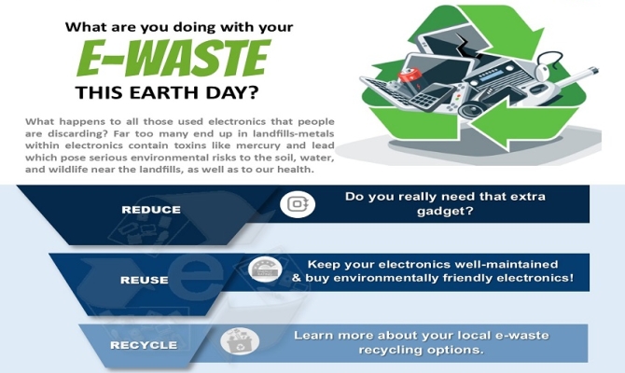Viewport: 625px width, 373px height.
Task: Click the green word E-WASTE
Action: coord(174,59)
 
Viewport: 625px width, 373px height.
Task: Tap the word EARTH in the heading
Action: coord(164,93)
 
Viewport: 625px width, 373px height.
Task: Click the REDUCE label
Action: coord(151,210)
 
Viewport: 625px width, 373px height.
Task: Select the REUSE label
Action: coord(145,280)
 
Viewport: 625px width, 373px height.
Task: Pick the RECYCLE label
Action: coord(144,345)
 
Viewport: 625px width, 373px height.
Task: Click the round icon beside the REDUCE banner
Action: coord(298,204)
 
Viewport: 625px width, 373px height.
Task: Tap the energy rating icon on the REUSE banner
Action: coord(265,270)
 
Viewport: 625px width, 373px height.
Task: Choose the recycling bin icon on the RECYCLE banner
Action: coord(240,341)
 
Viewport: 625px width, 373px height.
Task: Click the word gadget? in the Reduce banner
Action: coord(445,211)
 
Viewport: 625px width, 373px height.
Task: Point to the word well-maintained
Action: coord(507,264)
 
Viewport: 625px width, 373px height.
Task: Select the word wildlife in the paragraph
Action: coord(68,170)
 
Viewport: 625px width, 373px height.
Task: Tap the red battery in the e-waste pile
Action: coord(410,76)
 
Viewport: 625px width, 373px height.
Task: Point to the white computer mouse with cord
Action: coord(546,67)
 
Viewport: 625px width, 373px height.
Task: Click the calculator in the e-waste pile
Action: coord(431,97)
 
